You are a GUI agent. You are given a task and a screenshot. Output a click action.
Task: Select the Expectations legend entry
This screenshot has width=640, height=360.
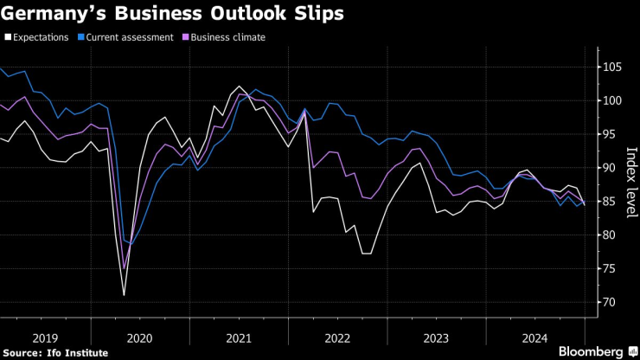41,37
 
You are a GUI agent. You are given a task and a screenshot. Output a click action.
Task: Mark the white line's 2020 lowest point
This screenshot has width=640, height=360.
125,295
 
